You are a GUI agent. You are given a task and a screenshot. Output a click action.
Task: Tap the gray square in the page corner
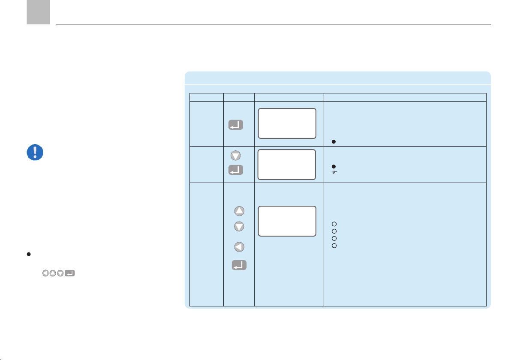(38, 12)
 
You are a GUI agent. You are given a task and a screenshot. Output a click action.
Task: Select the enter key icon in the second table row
(236, 170)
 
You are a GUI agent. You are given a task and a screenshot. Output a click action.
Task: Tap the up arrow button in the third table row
(239, 211)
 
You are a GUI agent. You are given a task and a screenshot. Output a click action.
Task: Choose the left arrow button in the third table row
(239, 247)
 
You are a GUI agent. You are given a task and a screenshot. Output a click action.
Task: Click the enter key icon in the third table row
(239, 266)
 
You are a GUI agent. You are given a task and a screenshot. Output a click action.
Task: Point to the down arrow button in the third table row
(239, 226)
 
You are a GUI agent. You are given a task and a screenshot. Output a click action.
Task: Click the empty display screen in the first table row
(287, 123)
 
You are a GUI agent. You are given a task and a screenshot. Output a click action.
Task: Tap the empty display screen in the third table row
(287, 221)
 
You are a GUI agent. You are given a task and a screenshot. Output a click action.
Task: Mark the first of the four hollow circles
(334, 224)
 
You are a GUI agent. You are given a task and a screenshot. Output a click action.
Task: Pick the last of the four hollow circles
(334, 246)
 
